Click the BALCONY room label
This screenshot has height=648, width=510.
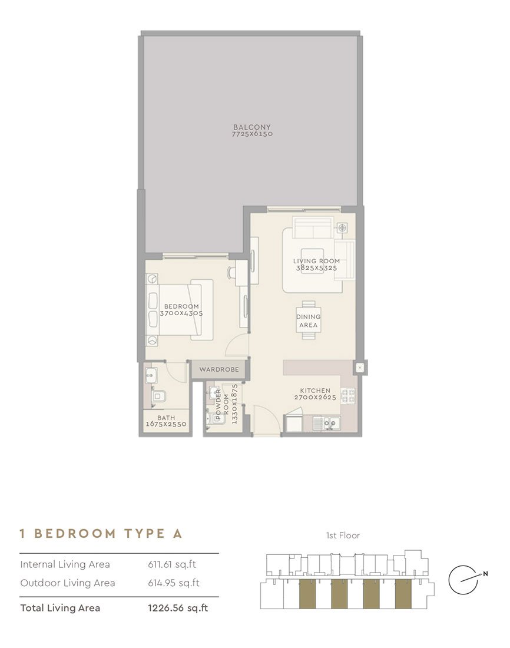coord(251,127)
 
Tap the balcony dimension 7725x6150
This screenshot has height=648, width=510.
coord(252,134)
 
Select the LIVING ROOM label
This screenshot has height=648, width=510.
coord(317,261)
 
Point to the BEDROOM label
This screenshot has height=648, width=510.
coord(181,306)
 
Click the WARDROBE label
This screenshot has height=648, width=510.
coord(219,369)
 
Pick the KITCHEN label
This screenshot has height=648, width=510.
coord(315,391)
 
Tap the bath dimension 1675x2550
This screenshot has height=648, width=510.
coord(166,424)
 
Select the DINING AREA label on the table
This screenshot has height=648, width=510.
coord(309,321)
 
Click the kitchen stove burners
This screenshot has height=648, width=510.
coord(348,396)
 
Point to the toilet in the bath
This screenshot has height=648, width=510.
coord(158,396)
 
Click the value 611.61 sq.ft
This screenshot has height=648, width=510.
coord(172,564)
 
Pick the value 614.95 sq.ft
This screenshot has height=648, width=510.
coord(174,583)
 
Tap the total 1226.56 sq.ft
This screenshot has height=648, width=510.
coord(178,608)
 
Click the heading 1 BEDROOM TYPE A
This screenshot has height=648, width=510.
coord(101,534)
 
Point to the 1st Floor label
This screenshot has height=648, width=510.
coord(343,535)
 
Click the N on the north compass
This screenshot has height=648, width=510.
coord(485,574)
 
